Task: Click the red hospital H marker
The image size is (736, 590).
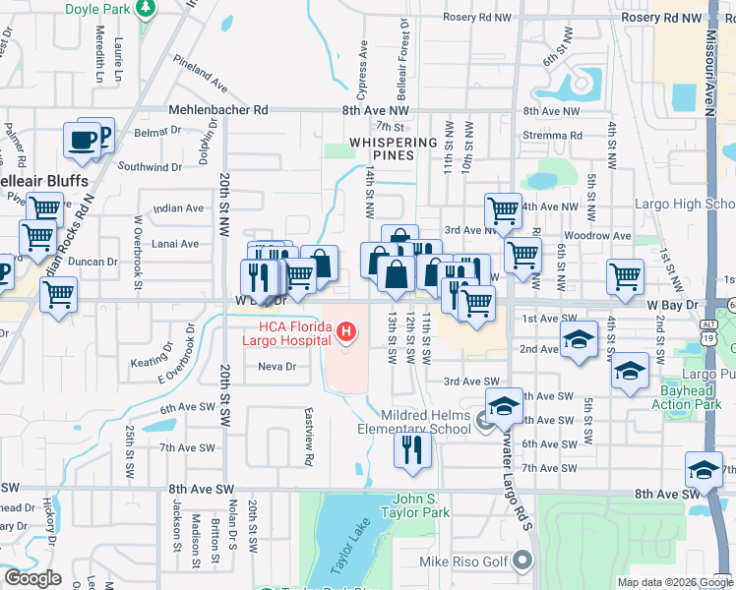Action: click(345, 334)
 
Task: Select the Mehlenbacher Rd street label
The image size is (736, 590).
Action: click(218, 111)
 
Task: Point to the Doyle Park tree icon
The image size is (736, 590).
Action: click(147, 9)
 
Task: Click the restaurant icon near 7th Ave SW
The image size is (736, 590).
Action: click(412, 449)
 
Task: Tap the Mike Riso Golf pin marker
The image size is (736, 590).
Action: click(521, 561)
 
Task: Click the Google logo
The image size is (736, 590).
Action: click(33, 578)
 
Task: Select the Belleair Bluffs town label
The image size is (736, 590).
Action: click(44, 182)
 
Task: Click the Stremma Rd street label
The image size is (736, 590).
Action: click(553, 136)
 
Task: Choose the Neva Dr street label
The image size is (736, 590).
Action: click(276, 367)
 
